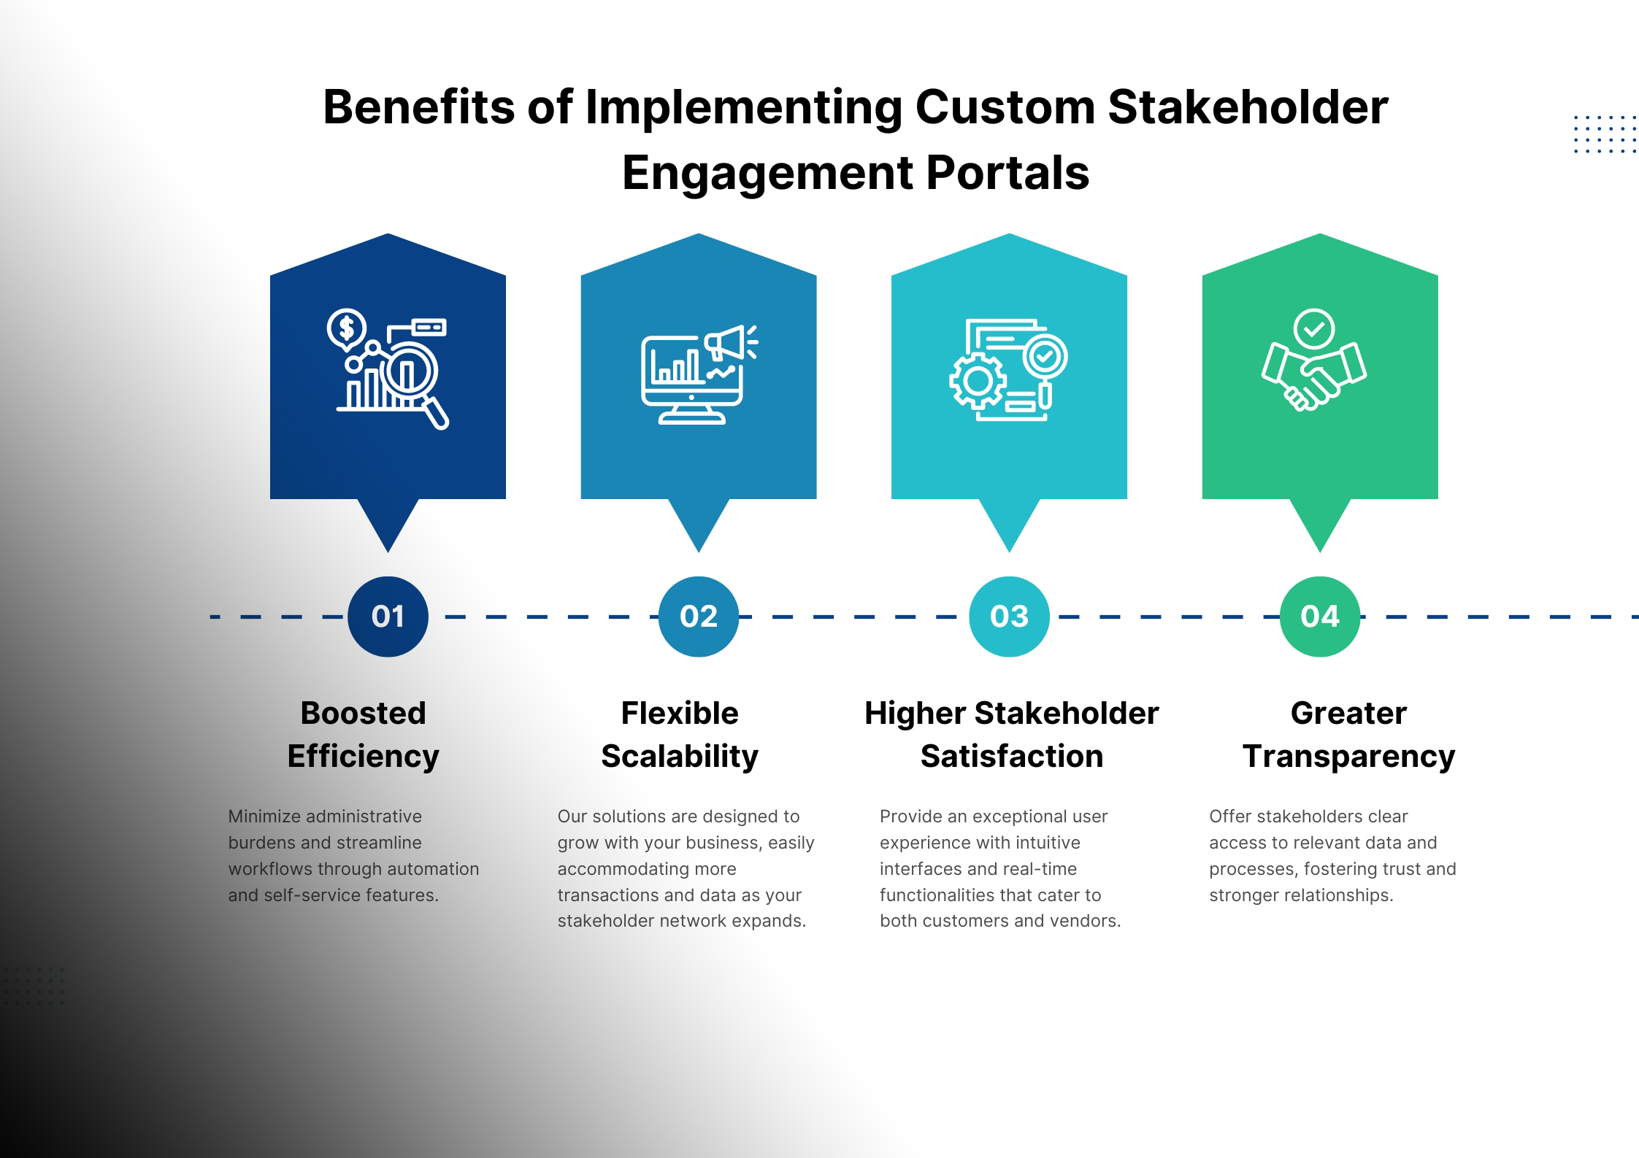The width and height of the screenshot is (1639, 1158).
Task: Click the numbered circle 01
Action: (388, 617)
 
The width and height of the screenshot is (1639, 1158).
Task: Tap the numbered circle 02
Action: (699, 617)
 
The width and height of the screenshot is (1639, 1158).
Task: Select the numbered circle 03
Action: (1009, 617)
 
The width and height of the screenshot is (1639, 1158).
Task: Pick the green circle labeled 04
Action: (1320, 617)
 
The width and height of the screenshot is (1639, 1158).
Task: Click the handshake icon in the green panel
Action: (1314, 377)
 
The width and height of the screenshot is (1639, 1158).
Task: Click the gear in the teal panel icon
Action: (978, 380)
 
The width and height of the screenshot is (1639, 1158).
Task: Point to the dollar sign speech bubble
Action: (347, 328)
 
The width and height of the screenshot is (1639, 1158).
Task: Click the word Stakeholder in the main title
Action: (1248, 107)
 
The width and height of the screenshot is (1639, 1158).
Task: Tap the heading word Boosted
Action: (363, 713)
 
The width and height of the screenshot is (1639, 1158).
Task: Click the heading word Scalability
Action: (680, 757)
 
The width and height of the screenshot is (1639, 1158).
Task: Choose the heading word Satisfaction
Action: (1012, 756)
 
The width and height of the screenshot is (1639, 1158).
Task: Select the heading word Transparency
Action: (1349, 757)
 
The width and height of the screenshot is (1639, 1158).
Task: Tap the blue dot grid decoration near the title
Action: (1605, 134)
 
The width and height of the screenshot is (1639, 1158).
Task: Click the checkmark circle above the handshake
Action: (1314, 329)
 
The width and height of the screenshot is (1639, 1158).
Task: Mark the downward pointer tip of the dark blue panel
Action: (388, 552)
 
